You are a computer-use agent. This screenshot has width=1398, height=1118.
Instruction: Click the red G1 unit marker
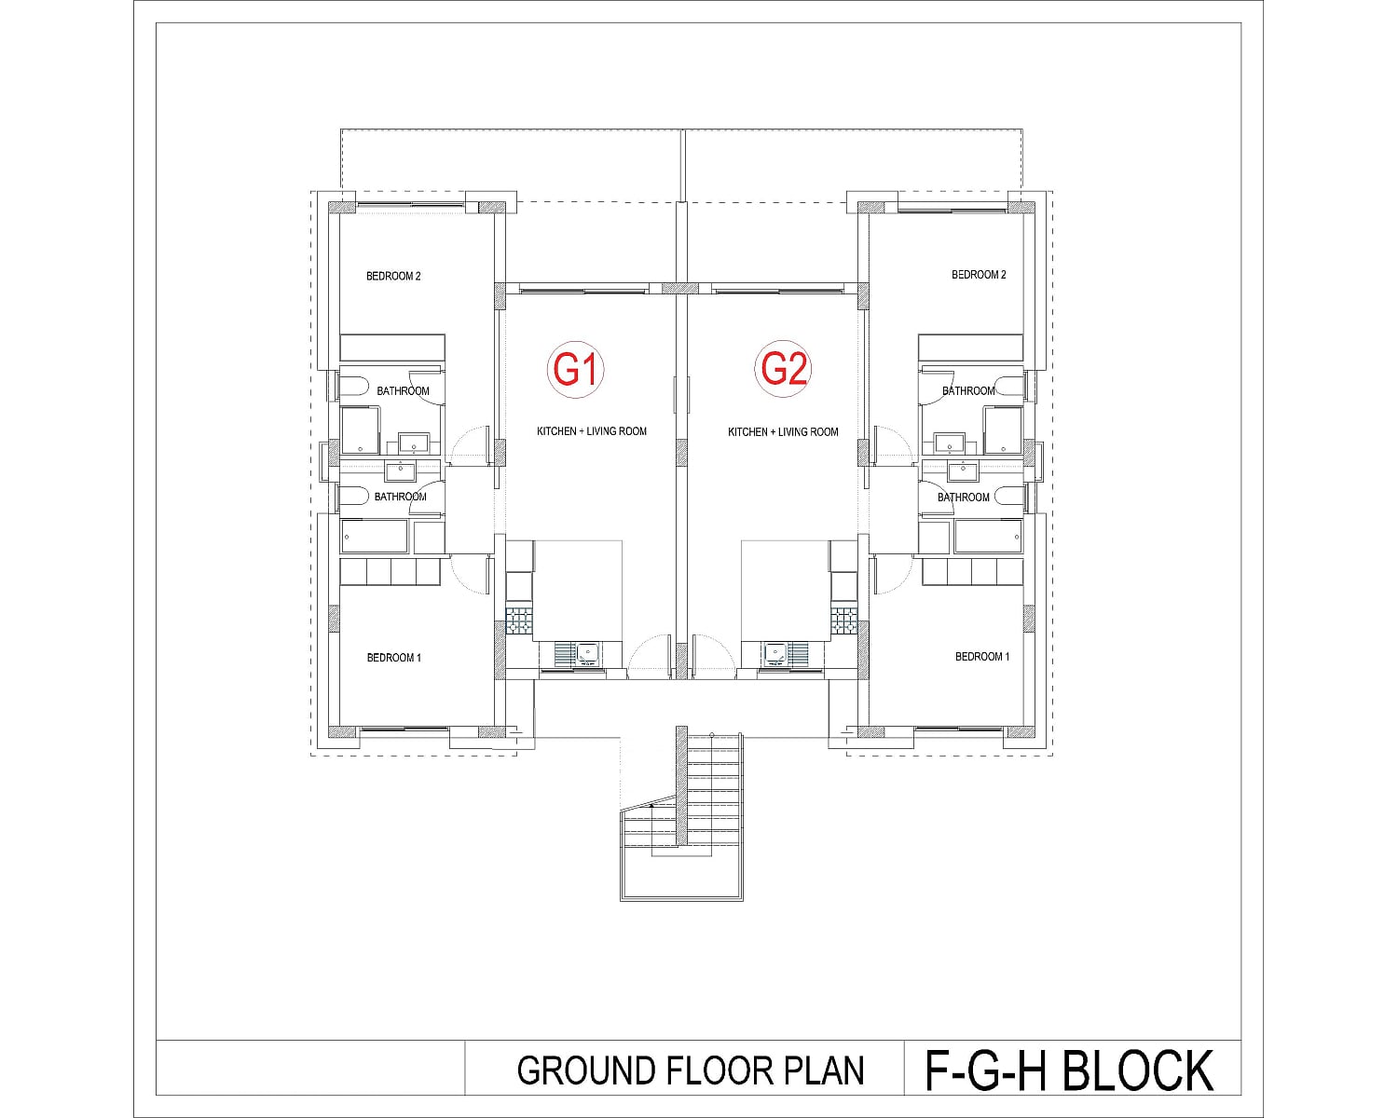(575, 370)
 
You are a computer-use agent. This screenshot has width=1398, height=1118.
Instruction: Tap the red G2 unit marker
(784, 369)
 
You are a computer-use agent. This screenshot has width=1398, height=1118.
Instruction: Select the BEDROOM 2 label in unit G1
(393, 276)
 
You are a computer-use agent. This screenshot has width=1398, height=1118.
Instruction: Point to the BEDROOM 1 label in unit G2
(982, 657)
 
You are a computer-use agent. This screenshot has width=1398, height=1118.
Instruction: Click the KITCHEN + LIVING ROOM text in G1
(591, 431)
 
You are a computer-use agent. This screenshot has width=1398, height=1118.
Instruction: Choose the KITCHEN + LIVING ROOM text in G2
(783, 432)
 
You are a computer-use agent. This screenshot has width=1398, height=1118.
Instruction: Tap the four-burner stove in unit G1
(519, 620)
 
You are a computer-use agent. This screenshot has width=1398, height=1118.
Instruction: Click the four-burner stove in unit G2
(843, 620)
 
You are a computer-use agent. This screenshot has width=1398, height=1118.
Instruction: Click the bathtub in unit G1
(375, 537)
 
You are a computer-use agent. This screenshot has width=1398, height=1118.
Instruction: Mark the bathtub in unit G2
(988, 537)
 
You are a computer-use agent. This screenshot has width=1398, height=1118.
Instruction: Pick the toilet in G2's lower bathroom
(1008, 497)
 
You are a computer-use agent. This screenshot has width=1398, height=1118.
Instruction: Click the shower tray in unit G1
(360, 430)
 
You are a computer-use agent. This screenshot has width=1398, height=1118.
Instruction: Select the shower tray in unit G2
(1003, 430)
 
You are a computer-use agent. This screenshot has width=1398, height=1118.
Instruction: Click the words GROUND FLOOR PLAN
(691, 1070)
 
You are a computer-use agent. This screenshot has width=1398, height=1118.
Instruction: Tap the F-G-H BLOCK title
(1069, 1070)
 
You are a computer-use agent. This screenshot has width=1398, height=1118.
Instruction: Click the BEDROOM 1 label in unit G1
(393, 658)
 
